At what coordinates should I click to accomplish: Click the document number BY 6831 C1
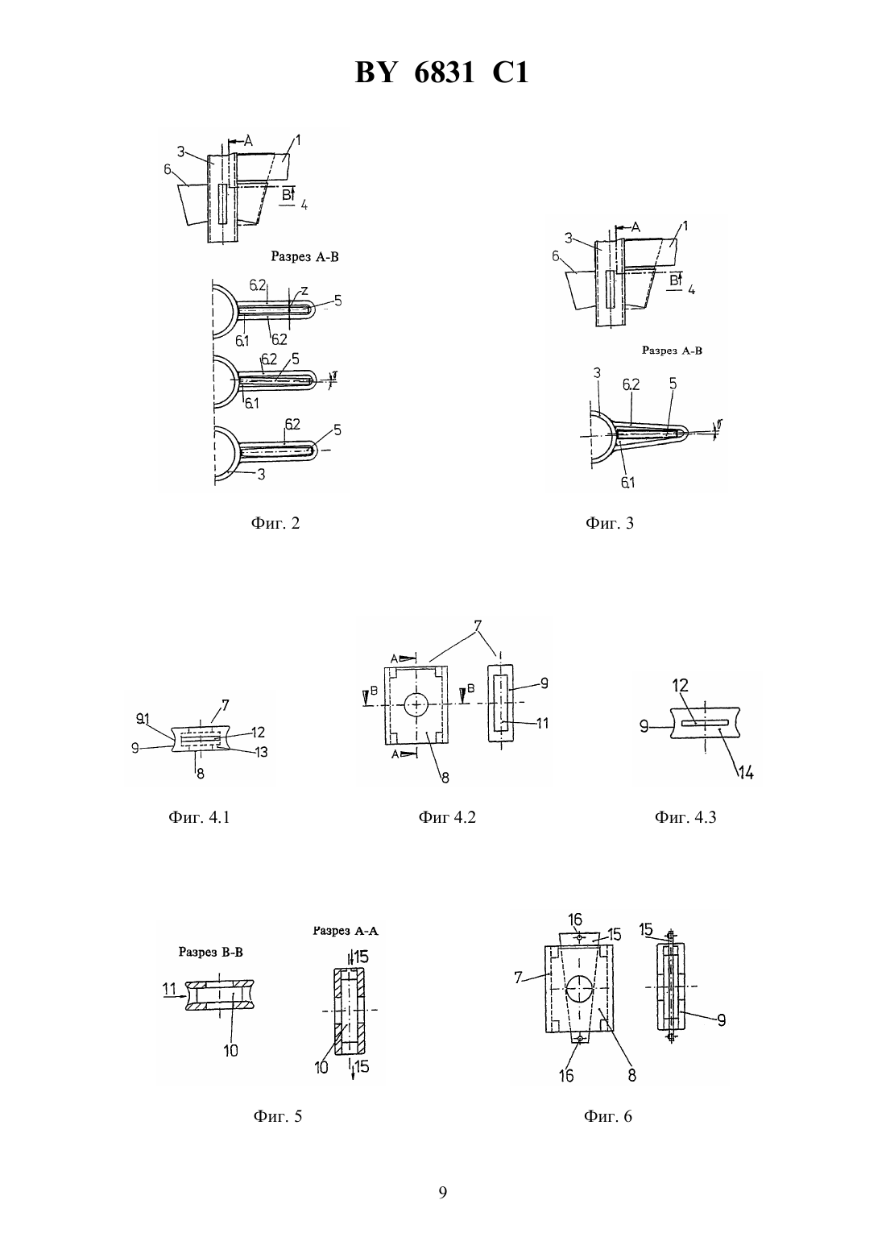(x=442, y=73)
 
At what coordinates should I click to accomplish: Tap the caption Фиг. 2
(x=275, y=523)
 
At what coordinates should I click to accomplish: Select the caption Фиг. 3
(x=610, y=523)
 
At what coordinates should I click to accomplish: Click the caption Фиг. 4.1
(x=199, y=817)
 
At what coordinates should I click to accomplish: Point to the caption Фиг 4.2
(x=447, y=817)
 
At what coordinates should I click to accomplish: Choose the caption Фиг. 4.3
(x=685, y=817)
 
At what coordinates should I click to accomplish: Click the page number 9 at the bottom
(x=442, y=1193)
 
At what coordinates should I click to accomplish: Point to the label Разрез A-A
(x=345, y=931)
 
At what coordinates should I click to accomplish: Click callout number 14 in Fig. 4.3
(x=746, y=773)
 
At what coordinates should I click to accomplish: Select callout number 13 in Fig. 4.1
(x=261, y=752)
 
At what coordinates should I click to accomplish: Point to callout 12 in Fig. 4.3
(x=680, y=685)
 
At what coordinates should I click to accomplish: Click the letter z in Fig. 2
(x=304, y=290)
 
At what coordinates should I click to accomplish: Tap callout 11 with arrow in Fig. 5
(x=175, y=989)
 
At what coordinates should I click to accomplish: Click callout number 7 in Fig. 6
(x=518, y=978)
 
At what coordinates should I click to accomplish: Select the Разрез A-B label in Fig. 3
(x=672, y=351)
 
